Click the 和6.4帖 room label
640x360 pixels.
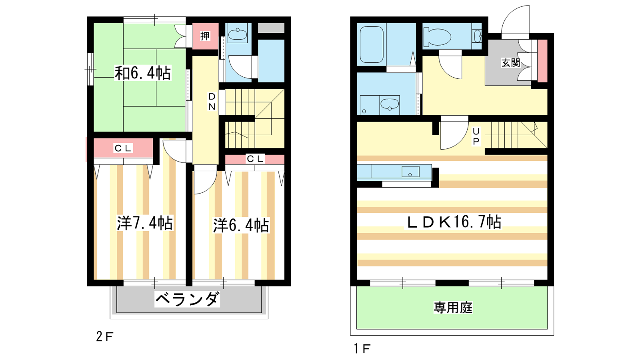tap(142, 73)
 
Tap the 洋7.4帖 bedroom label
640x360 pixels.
tap(144, 223)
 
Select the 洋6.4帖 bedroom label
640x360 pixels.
tap(241, 225)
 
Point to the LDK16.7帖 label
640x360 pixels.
tap(454, 222)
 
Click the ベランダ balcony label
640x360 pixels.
tap(187, 299)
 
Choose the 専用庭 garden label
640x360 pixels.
tap(453, 308)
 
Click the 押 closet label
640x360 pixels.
tap(205, 36)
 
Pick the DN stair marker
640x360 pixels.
tap(212, 102)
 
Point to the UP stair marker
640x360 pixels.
tap(476, 136)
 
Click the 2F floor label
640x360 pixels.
tap(104, 337)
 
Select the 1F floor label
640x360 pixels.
tap(362, 348)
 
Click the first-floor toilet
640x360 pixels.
tap(437, 37)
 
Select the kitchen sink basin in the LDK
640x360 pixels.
tap(410, 172)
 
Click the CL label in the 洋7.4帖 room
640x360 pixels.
tap(123, 148)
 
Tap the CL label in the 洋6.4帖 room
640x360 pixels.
tap(255, 159)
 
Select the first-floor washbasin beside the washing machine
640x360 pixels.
tap(390, 105)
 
